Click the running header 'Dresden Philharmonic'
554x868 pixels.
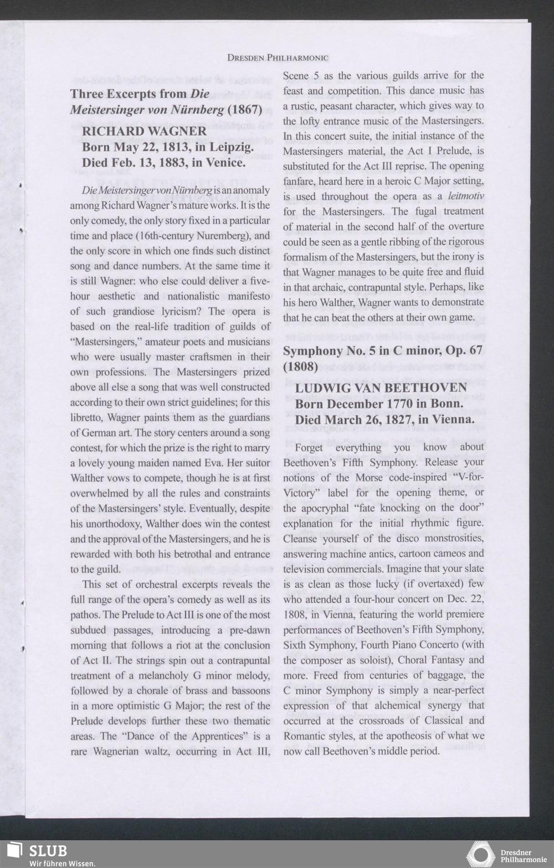[x=278, y=58]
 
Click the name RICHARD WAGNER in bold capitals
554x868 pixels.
[x=144, y=131]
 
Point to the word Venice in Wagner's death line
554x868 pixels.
[x=225, y=163]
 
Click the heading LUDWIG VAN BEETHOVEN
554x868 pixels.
[x=381, y=387]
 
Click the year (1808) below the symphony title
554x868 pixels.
[x=300, y=366]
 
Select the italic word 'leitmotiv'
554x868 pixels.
[x=465, y=196]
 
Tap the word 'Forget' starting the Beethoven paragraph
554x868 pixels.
[x=309, y=447]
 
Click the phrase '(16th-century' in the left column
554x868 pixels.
[x=163, y=235]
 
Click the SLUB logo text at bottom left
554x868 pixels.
[x=48, y=850]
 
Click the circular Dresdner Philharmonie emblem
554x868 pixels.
[x=480, y=854]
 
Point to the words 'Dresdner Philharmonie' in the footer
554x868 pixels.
[x=522, y=856]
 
